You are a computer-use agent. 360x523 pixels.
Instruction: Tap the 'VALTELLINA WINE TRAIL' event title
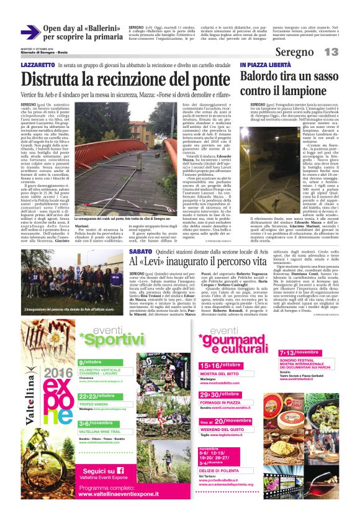(x=106, y=412)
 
